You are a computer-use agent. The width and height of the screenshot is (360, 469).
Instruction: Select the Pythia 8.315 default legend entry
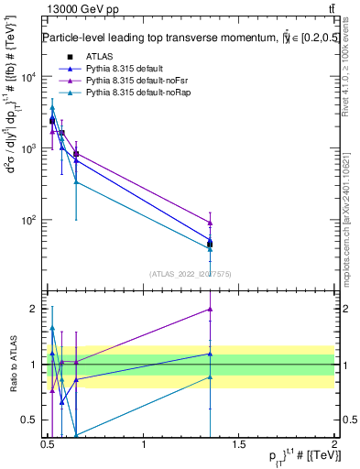pyautogui.click(x=119, y=70)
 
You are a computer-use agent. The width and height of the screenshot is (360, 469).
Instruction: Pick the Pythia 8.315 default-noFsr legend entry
pyautogui.click(x=129, y=82)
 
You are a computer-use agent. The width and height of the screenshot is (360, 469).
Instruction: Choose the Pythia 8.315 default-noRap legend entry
pyautogui.click(x=130, y=93)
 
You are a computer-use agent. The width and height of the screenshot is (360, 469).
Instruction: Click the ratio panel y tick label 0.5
pyautogui.click(x=31, y=421)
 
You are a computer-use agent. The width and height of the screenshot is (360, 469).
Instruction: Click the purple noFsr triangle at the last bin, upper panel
pyautogui.click(x=211, y=223)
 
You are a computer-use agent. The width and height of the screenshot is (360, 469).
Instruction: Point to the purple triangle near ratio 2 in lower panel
pyautogui.click(x=211, y=309)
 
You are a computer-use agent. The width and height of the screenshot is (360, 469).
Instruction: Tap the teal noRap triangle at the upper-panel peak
pyautogui.click(x=52, y=108)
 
